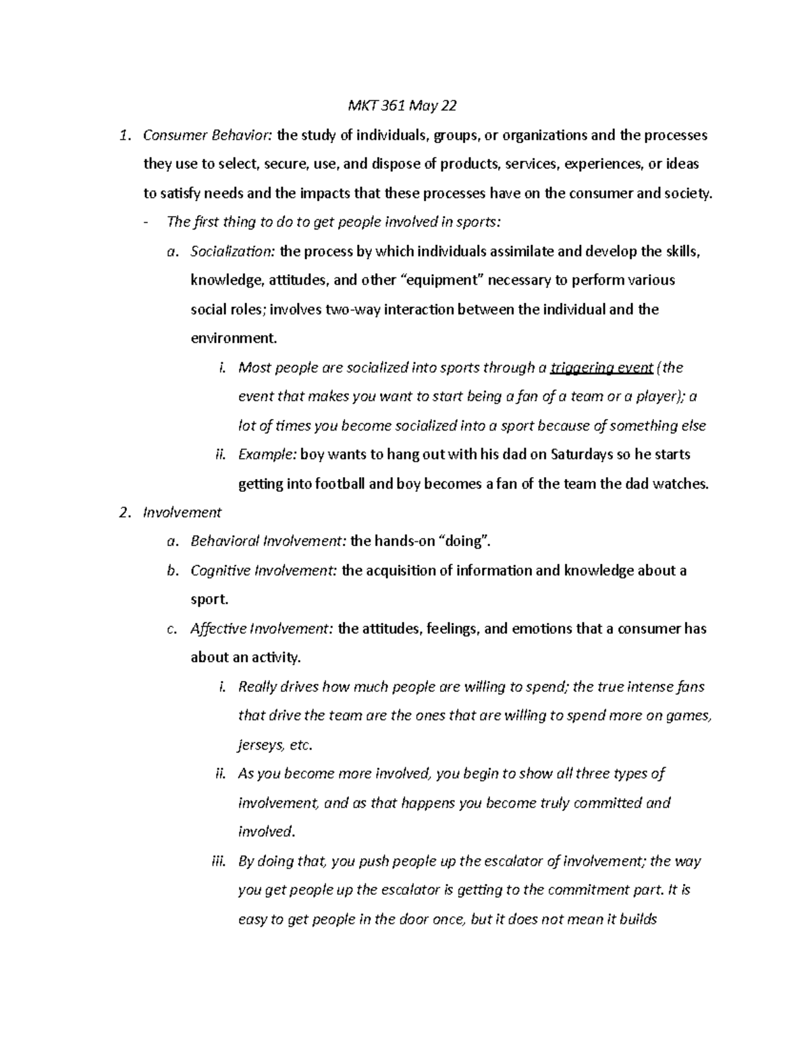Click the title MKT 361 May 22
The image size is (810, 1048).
402,106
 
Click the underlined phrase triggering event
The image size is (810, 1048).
601,368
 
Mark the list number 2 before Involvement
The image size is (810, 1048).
124,513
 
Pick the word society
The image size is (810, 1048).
688,194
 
